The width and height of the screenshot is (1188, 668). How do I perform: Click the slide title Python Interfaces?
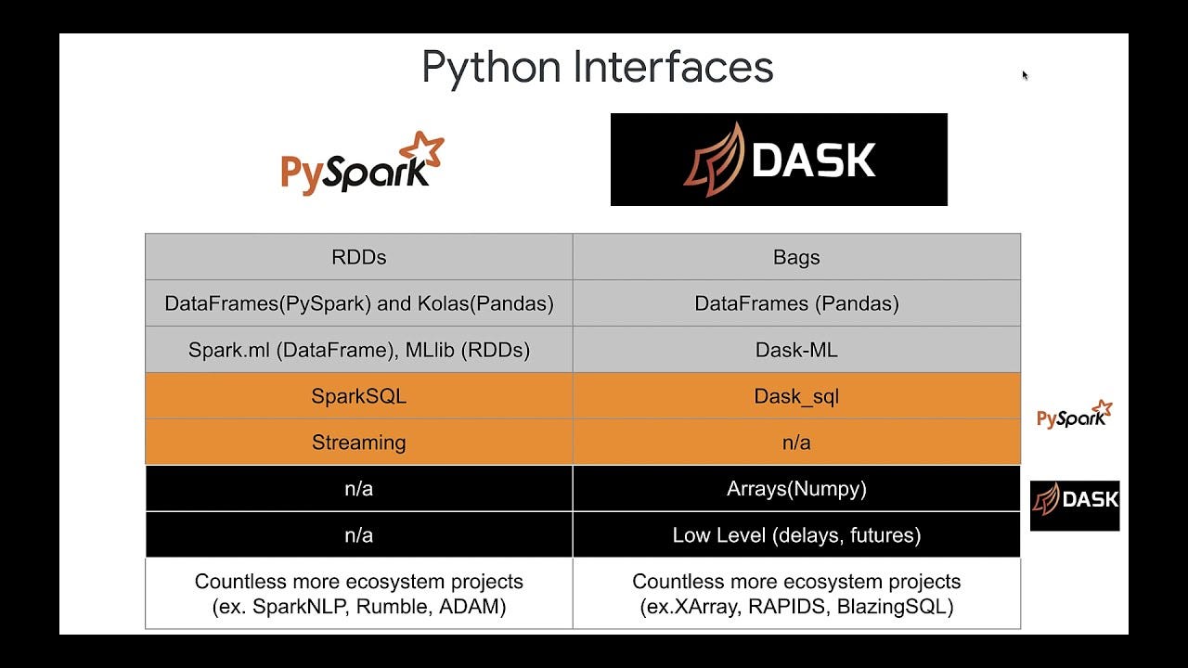597,67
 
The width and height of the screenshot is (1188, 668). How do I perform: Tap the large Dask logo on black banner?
779,160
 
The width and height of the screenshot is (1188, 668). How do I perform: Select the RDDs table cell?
358,257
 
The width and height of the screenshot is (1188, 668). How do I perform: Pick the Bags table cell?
796,257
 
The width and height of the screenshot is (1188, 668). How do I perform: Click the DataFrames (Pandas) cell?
796,303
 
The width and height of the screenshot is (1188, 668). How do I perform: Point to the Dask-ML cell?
796,350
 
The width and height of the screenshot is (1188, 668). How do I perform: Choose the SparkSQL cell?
358,396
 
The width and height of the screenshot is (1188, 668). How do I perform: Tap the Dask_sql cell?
796,396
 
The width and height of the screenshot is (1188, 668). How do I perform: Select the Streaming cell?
358,443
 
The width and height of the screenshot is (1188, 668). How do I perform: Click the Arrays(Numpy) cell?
796,489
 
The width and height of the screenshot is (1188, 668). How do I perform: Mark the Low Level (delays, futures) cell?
796,535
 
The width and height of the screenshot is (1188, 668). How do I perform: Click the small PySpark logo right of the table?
1074,416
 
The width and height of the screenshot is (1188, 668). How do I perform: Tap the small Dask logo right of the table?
1075,501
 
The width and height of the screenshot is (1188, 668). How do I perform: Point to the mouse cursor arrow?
1025,75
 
